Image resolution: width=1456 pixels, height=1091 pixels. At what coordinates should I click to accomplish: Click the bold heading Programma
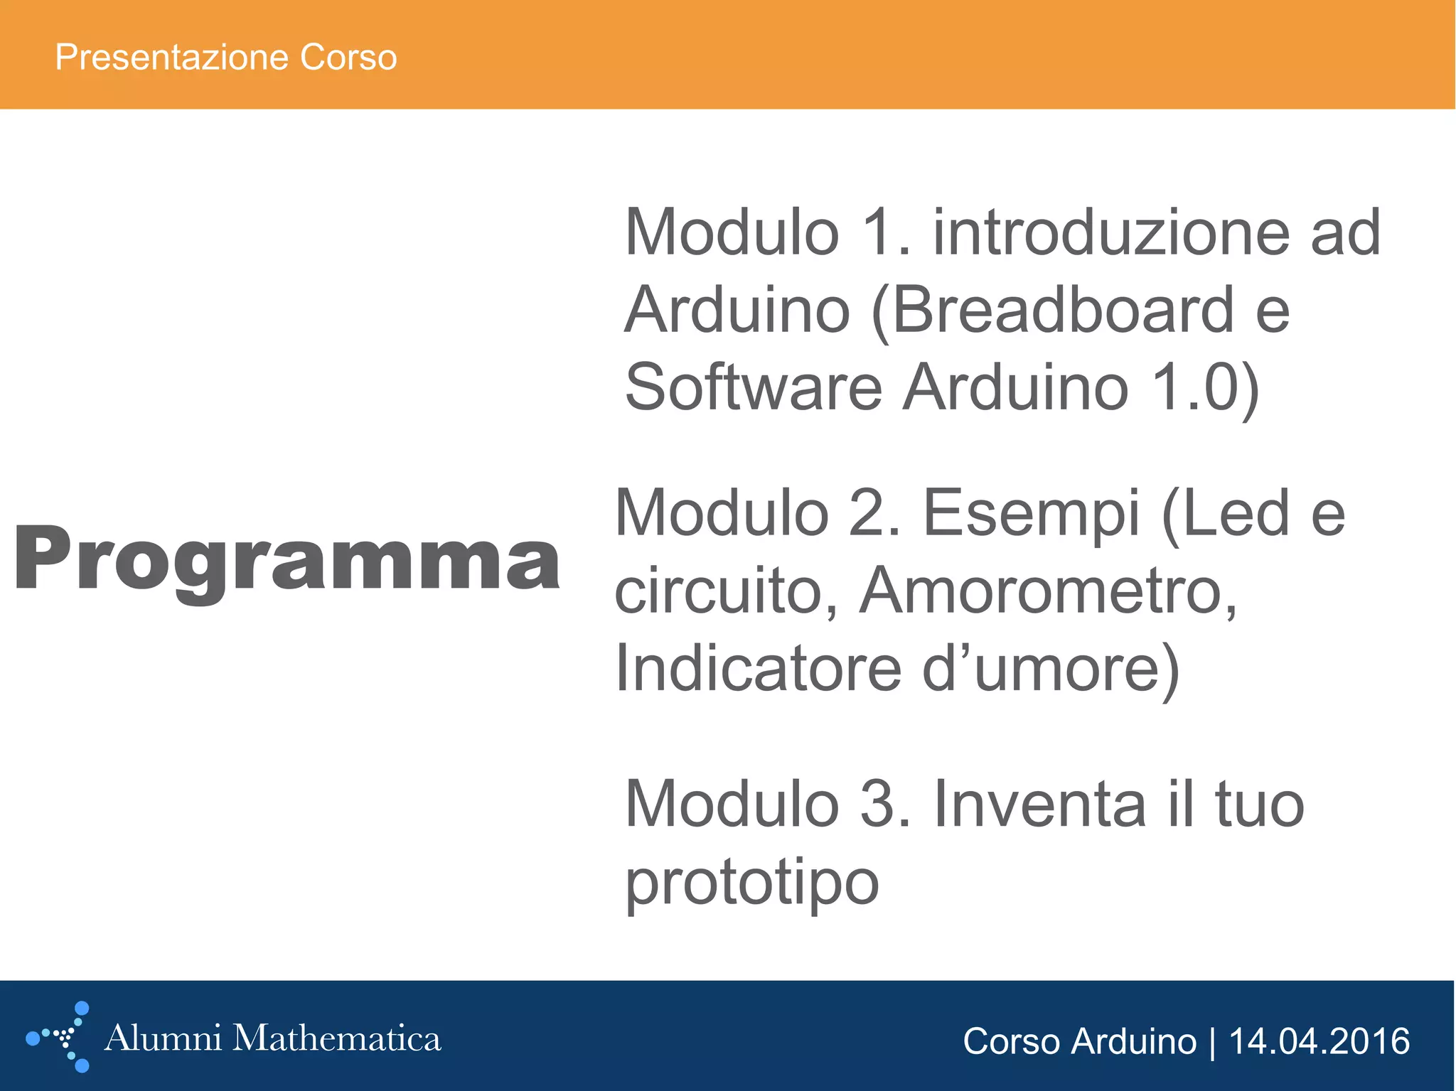(287, 559)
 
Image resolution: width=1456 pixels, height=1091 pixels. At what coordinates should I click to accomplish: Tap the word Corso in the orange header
(348, 57)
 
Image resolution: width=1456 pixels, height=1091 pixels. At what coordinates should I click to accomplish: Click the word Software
(753, 388)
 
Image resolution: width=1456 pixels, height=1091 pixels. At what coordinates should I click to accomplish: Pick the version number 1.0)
(1205, 388)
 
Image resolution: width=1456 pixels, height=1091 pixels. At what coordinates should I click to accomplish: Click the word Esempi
(1031, 513)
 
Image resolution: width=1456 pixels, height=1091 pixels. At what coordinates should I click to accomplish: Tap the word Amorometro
(1048, 591)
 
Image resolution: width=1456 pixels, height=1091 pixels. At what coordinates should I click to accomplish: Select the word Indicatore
(758, 668)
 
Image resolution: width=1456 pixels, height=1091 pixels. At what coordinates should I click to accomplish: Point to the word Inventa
(1039, 805)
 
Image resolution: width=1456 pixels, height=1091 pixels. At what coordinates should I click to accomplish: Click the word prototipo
(752, 883)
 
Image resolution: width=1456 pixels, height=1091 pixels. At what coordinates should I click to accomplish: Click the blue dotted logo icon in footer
(60, 1038)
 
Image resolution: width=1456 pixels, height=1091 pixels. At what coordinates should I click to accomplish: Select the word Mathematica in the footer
(337, 1038)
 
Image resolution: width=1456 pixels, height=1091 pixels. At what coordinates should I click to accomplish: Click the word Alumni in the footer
(163, 1038)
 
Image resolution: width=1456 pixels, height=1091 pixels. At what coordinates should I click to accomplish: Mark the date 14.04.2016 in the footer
(1319, 1042)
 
